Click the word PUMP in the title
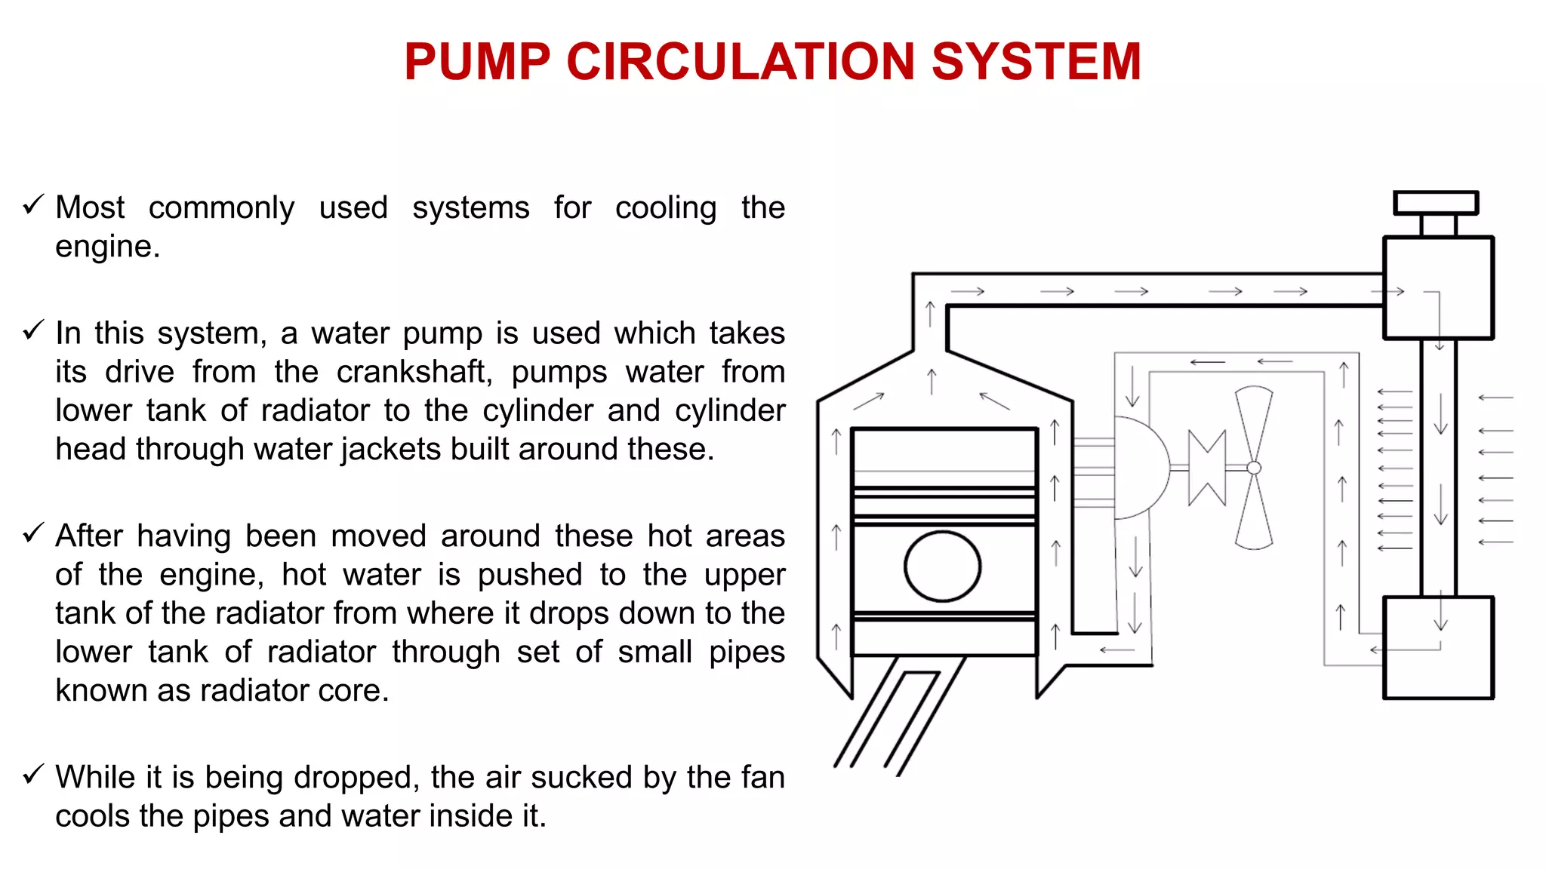click(x=477, y=62)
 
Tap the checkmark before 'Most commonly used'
click(x=33, y=204)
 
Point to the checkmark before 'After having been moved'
click(x=33, y=533)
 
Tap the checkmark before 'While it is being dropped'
click(x=33, y=775)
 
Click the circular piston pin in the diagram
click(x=942, y=567)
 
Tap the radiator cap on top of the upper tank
click(x=1435, y=203)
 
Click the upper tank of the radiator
click(x=1438, y=287)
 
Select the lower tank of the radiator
click(x=1438, y=648)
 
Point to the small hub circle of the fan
click(x=1254, y=468)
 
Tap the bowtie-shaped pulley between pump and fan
click(x=1206, y=468)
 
